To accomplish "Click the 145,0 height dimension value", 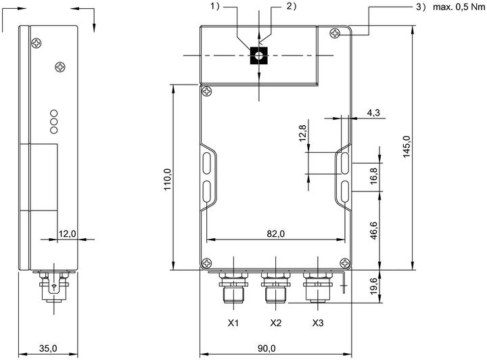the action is tap(407, 147).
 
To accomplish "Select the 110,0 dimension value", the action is tap(168, 179).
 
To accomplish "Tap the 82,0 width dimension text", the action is tap(275, 233).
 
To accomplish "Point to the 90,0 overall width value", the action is tap(266, 348).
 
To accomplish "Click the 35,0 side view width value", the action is tap(48, 348).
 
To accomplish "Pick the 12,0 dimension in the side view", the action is tap(68, 233).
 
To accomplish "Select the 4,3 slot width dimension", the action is tap(373, 112).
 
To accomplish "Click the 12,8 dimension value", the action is tap(302, 133).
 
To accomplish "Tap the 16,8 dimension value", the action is tap(373, 176).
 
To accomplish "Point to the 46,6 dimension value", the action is tap(373, 231).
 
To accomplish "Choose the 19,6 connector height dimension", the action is tap(373, 286).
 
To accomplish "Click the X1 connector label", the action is tap(233, 323).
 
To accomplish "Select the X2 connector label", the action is tap(275, 323).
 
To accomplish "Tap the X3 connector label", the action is tap(318, 323).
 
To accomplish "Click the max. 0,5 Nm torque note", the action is tap(459, 7).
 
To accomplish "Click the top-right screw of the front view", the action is tap(335, 33).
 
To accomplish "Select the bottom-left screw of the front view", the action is tap(207, 263).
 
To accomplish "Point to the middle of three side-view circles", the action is tap(53, 121).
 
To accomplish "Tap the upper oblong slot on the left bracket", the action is tap(207, 162).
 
